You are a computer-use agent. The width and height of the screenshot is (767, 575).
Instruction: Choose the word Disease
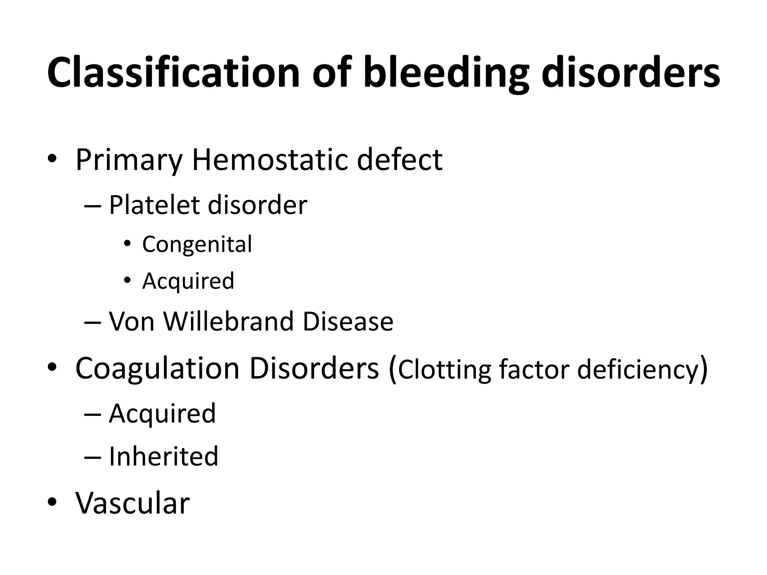[348, 322]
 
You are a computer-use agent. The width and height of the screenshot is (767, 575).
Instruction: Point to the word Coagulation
[157, 369]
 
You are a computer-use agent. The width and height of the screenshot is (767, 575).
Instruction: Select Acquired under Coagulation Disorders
[162, 414]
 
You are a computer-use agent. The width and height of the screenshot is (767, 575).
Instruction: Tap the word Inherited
[163, 456]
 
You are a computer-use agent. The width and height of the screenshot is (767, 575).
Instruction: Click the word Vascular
[133, 503]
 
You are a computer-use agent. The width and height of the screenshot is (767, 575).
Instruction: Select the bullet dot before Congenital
[127, 244]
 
